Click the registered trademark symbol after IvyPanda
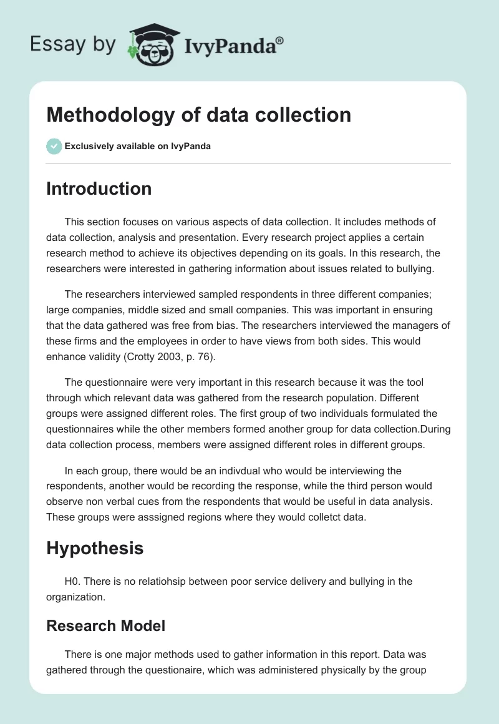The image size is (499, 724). pyautogui.click(x=280, y=41)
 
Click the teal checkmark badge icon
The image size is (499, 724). pyautogui.click(x=54, y=146)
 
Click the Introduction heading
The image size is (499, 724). pyautogui.click(x=99, y=188)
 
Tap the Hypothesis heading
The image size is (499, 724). pyautogui.click(x=95, y=548)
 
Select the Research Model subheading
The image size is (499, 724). pyautogui.click(x=105, y=625)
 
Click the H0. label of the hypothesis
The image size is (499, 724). pyautogui.click(x=72, y=581)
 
